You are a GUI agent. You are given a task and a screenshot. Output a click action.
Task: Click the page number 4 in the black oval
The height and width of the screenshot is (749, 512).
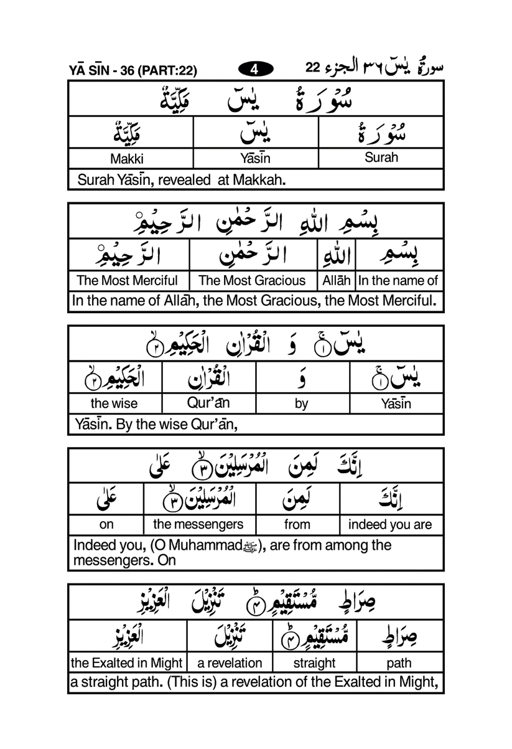tap(254, 70)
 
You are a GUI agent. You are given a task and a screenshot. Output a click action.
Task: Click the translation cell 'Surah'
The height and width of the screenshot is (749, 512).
tap(381, 158)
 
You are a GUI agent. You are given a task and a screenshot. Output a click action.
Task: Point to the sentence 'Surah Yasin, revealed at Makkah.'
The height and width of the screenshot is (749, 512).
tap(181, 181)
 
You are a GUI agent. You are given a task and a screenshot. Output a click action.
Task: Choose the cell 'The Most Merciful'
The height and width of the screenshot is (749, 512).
tap(127, 281)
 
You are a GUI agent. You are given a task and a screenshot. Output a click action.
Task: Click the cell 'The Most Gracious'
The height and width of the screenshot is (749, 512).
tap(252, 281)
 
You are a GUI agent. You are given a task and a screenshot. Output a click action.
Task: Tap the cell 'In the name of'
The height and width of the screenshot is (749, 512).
tap(398, 281)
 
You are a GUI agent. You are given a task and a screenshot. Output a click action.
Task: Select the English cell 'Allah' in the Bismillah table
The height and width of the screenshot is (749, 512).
tap(336, 281)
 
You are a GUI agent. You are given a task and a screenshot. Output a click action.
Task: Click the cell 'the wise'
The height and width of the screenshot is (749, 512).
tap(114, 403)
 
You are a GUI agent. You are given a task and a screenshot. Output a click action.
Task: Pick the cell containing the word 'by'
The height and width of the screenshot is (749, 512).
tap(301, 403)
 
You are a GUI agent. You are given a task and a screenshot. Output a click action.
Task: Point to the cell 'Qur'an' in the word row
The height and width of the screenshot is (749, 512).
tap(208, 402)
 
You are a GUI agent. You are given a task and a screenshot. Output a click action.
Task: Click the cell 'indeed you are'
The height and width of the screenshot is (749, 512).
tap(389, 525)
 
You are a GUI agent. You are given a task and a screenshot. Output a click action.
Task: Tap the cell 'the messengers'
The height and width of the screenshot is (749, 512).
tap(198, 524)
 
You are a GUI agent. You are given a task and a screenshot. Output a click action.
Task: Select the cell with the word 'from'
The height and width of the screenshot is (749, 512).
tap(297, 525)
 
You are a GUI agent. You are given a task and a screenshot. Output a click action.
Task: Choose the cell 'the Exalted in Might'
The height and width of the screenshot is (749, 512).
tap(127, 662)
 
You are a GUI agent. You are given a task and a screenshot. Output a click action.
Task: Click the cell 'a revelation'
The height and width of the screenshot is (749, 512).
tap(230, 662)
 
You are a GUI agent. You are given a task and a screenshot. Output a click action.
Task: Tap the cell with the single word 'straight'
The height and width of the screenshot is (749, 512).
tap(314, 662)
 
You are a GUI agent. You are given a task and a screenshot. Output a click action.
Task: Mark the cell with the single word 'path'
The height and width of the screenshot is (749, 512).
tap(399, 662)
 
